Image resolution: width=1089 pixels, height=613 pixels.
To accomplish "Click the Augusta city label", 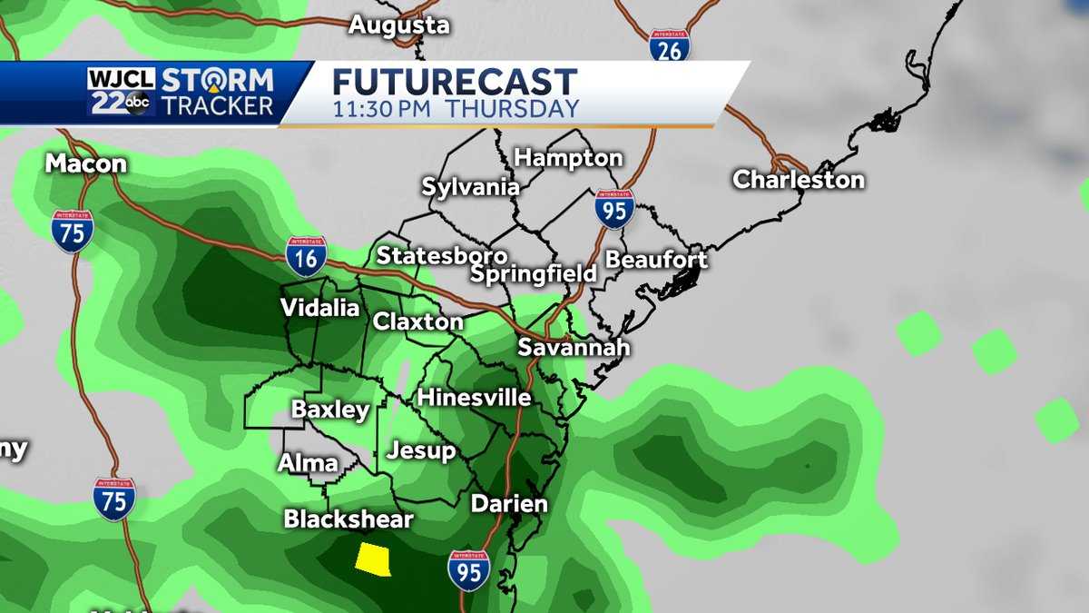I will [x=399, y=25].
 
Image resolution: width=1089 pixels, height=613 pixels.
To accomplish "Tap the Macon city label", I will [x=86, y=163].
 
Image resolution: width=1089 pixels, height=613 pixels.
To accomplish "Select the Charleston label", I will [x=799, y=179].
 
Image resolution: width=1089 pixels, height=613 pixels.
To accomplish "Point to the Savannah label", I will [x=574, y=347].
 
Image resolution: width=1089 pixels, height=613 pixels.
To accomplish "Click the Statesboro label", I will [x=442, y=255].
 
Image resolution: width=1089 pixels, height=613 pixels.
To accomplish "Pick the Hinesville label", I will [x=474, y=398].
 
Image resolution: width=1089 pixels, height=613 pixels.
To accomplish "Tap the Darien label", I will [x=509, y=504].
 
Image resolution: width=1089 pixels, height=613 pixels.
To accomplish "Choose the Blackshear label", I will [x=348, y=519].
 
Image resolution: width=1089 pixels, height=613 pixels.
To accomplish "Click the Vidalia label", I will [x=319, y=308].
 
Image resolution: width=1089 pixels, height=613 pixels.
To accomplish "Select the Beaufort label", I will [x=656, y=259].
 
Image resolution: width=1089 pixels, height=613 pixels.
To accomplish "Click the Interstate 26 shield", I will [x=670, y=44].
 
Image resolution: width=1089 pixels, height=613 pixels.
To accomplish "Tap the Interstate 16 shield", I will [x=306, y=256].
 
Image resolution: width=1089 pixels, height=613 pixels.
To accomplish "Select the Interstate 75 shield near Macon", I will [x=72, y=231].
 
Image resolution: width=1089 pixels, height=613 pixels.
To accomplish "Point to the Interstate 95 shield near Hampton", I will [x=614, y=208].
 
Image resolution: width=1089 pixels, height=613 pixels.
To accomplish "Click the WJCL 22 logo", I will [x=121, y=92].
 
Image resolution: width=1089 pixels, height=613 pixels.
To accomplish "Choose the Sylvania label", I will [x=471, y=188].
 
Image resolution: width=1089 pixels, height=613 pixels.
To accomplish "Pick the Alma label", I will [x=308, y=463].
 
